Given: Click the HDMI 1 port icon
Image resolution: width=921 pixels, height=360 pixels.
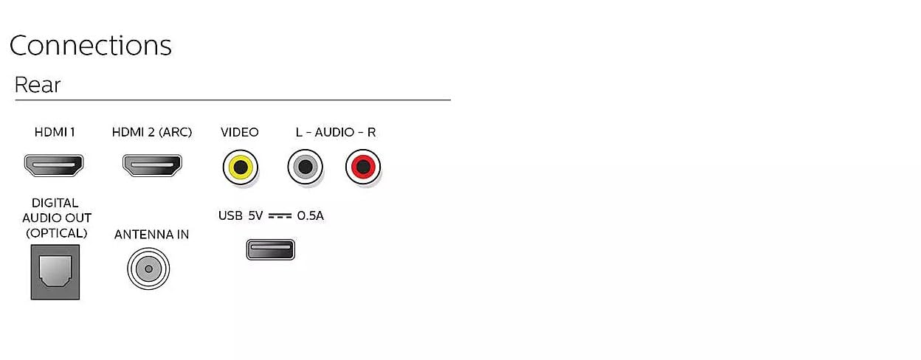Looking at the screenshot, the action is coord(54,165).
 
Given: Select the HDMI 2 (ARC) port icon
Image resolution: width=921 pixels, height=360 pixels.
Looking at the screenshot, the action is coord(152,165).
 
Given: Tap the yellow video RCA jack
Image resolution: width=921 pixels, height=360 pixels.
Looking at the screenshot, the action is coord(241,167).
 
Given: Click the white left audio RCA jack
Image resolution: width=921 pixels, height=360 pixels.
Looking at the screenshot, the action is coord(305,167).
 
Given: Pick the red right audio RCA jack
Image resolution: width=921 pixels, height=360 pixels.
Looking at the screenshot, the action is coord(363,167).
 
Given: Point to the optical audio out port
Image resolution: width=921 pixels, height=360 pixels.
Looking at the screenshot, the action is coord(55,272).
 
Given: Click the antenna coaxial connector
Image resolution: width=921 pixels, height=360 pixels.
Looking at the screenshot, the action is coord(148,269).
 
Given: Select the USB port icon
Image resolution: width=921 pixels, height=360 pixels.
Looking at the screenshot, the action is coord(271,249).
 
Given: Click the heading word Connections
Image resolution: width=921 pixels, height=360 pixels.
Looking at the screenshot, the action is coord(91,45).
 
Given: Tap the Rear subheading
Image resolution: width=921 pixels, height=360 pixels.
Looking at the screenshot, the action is coord(38,85).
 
